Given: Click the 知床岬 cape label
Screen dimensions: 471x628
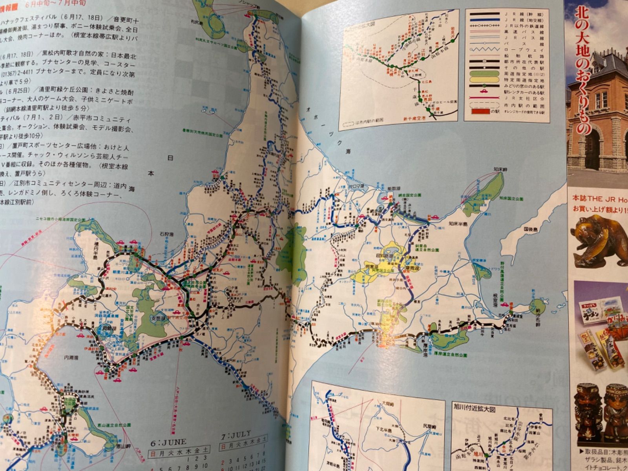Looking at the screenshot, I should pyautogui.click(x=500, y=170).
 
